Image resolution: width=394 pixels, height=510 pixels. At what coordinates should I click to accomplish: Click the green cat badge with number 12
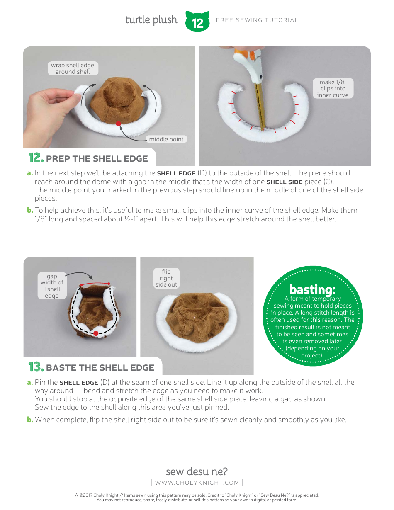pos(197,21)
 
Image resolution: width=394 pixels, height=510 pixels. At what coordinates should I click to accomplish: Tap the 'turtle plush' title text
pos(151,20)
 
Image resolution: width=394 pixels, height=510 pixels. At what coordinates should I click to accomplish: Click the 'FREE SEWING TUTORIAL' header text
pos(257,20)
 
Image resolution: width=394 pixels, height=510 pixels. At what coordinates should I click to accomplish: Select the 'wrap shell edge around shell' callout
pos(73,68)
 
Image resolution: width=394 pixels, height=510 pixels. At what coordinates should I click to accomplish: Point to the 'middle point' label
pos(166,139)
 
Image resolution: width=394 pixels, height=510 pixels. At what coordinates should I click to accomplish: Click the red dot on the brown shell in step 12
pos(119,124)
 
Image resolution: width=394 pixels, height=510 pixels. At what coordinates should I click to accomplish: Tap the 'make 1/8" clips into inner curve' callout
pos(333,88)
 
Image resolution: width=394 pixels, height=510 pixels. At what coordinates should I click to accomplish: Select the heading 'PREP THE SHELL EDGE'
pos(97,159)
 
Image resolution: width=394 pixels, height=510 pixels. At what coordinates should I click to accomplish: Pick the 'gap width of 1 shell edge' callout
pos(52,286)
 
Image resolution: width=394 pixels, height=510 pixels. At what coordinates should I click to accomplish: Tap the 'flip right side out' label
pos(166,278)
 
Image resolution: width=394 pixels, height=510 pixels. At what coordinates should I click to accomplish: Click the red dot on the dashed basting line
pos(96,333)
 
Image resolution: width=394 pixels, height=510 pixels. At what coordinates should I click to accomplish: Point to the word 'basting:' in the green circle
pos(312,289)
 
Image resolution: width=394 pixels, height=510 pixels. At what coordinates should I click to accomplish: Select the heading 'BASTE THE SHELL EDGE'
pos(100,367)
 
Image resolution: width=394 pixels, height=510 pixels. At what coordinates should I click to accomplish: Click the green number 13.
pos(36,367)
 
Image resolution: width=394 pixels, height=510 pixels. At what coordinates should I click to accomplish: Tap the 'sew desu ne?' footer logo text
pos(197,471)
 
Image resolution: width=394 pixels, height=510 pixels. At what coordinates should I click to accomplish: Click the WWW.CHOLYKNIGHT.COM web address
pos(197,483)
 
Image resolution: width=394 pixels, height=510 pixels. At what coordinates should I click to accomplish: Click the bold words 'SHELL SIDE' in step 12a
pos(285,182)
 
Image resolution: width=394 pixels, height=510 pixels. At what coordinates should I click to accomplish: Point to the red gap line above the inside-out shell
pos(95,284)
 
